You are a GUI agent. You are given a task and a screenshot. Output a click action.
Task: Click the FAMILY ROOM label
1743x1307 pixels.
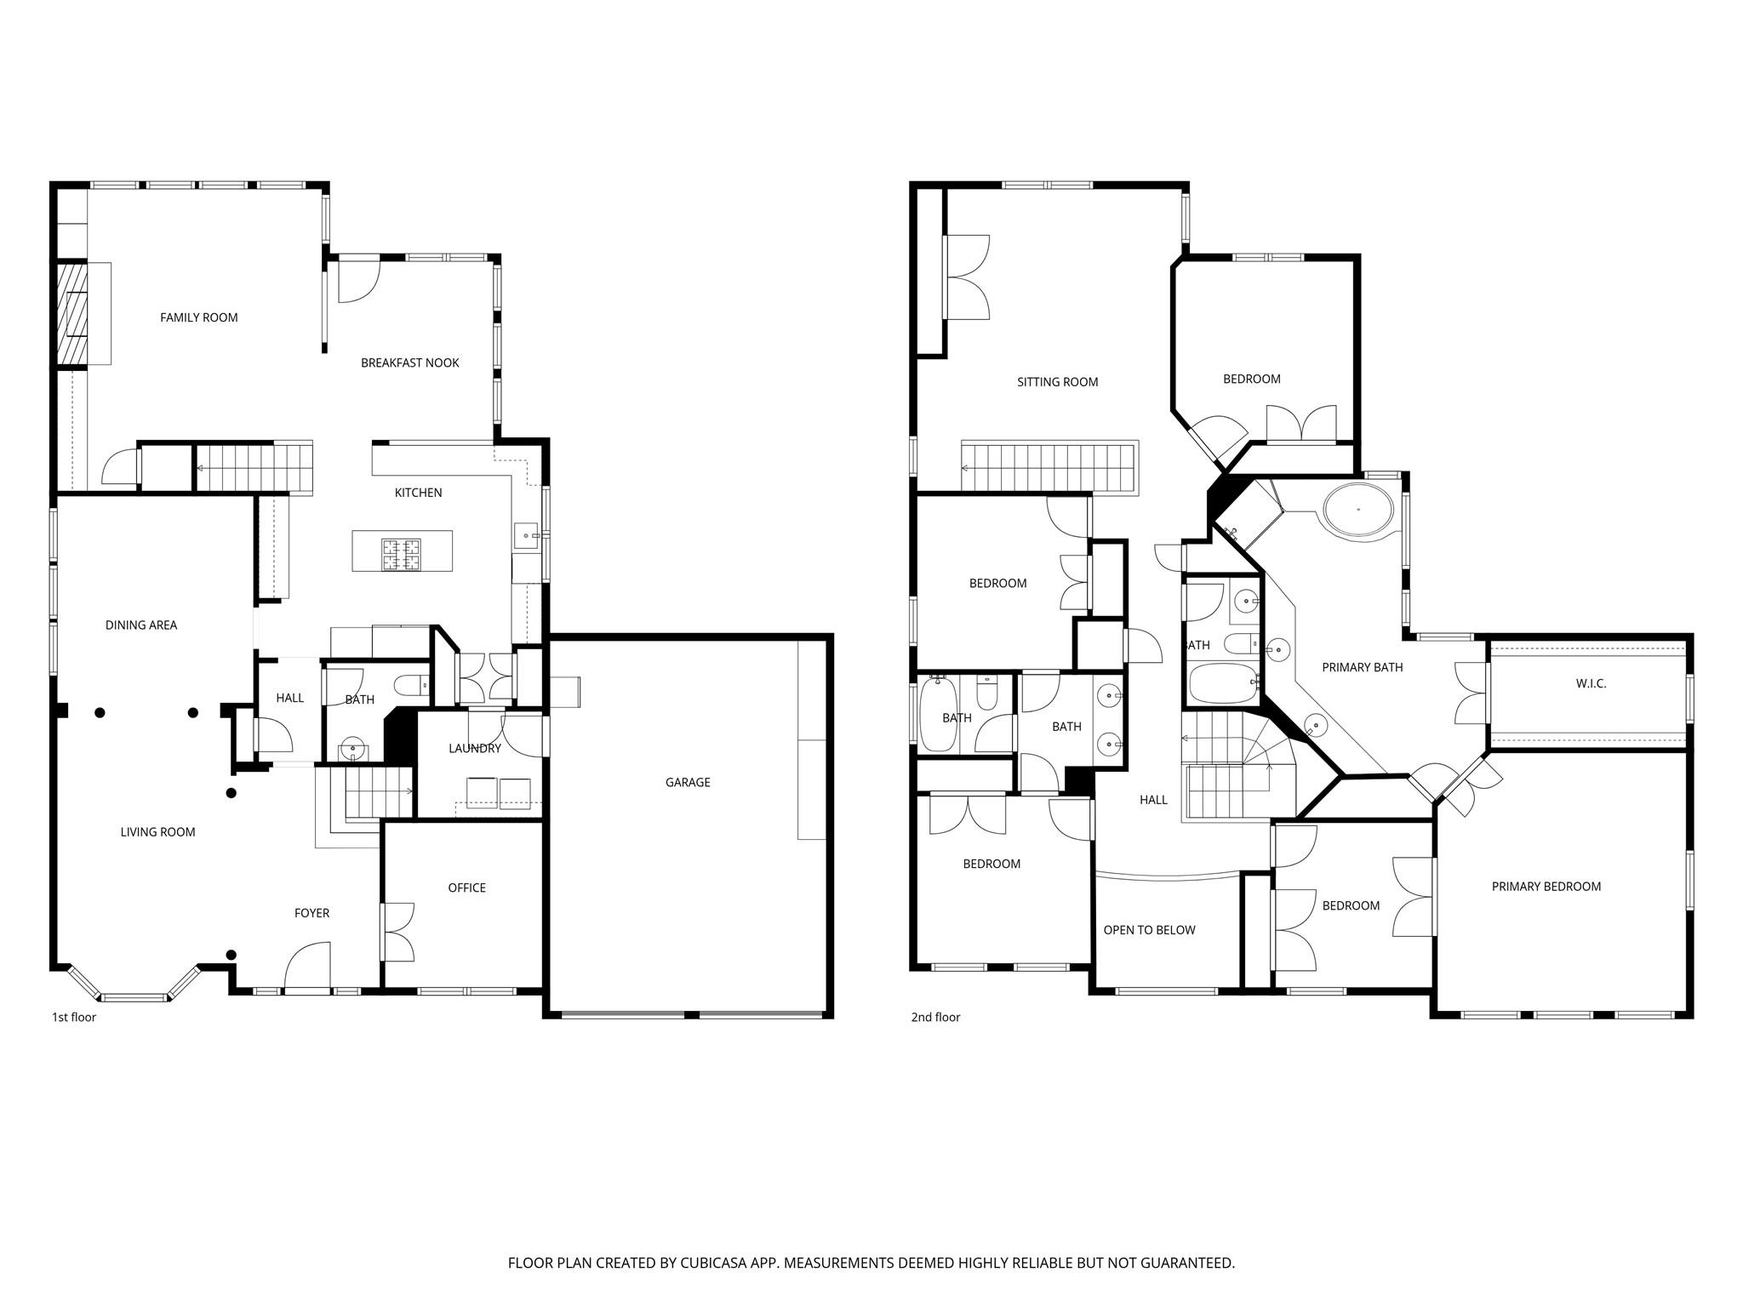pos(198,317)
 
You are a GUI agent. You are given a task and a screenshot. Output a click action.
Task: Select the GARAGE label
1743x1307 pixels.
pos(687,782)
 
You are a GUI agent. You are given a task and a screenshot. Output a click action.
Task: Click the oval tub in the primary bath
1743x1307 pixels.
pos(1357,510)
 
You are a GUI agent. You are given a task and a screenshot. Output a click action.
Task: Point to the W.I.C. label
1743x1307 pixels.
pos(1590,683)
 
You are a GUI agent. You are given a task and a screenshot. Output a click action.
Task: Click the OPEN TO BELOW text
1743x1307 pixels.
pos(1149,930)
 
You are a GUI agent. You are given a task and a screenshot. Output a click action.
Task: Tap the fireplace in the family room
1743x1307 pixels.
pos(73,313)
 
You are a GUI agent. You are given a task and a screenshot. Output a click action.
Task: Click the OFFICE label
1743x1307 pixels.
pos(466,888)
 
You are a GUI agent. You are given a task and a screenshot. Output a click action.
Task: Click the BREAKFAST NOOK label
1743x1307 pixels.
pos(409,362)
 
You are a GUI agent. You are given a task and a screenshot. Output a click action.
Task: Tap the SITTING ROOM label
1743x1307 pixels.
pos(1057,382)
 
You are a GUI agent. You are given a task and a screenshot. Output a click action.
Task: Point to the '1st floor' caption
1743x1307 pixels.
pos(74,1017)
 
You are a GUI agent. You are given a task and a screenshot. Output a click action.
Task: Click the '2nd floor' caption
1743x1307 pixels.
pos(935,1017)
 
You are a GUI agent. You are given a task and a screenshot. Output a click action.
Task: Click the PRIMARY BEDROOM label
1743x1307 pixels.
pos(1546,886)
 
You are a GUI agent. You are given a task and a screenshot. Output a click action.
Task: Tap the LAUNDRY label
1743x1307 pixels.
pos(474,748)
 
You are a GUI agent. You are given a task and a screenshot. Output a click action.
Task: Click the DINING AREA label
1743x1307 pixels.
pos(141,625)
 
